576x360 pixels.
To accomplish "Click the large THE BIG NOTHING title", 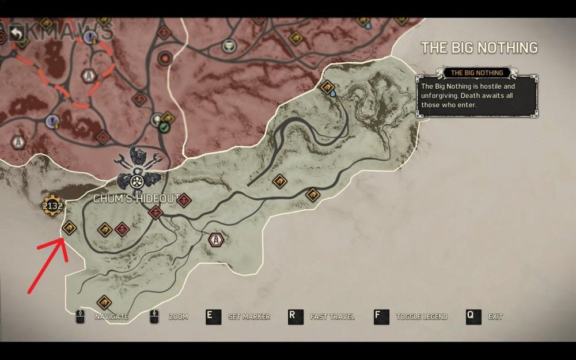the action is [479, 47].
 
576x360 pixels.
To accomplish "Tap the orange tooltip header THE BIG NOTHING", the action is [476, 73].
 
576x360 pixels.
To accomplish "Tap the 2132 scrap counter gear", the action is [52, 206].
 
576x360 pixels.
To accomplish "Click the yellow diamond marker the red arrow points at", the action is [69, 229].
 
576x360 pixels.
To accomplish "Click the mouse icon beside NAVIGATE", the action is [80, 317].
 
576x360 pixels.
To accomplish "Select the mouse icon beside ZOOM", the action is [154, 317].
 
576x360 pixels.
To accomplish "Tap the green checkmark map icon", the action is [165, 127].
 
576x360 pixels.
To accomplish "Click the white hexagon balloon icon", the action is [215, 239].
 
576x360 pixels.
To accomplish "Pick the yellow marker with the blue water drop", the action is [328, 89].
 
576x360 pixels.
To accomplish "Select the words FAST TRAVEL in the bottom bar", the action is [332, 317].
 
